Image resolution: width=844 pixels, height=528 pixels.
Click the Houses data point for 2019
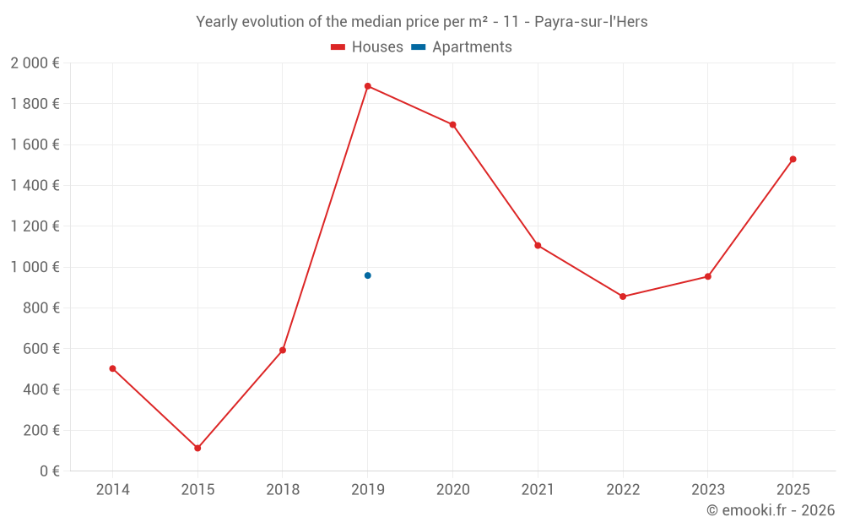367,86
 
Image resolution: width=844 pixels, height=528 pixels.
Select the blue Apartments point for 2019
367,275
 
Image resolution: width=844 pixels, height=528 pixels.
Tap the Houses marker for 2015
197,448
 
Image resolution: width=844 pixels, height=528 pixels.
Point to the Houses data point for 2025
793,160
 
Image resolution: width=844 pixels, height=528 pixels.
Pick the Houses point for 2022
623,297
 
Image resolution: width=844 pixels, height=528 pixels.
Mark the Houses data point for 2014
112,368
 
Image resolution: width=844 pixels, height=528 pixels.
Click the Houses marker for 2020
452,125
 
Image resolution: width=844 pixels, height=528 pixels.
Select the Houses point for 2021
538,246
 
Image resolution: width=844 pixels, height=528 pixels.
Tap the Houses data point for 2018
283,350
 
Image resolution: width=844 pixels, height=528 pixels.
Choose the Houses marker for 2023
707,276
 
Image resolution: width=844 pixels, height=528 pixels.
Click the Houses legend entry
367,47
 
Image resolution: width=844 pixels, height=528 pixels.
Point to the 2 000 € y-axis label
35,63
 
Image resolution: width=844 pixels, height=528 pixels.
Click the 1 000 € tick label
35,267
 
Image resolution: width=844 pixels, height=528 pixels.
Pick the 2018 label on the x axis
283,490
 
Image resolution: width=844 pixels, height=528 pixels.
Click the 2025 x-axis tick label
793,490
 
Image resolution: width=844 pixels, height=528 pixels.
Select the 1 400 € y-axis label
35,186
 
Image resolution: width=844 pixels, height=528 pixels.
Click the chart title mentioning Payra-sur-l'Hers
422,22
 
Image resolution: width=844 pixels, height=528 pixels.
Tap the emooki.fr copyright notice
771,510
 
